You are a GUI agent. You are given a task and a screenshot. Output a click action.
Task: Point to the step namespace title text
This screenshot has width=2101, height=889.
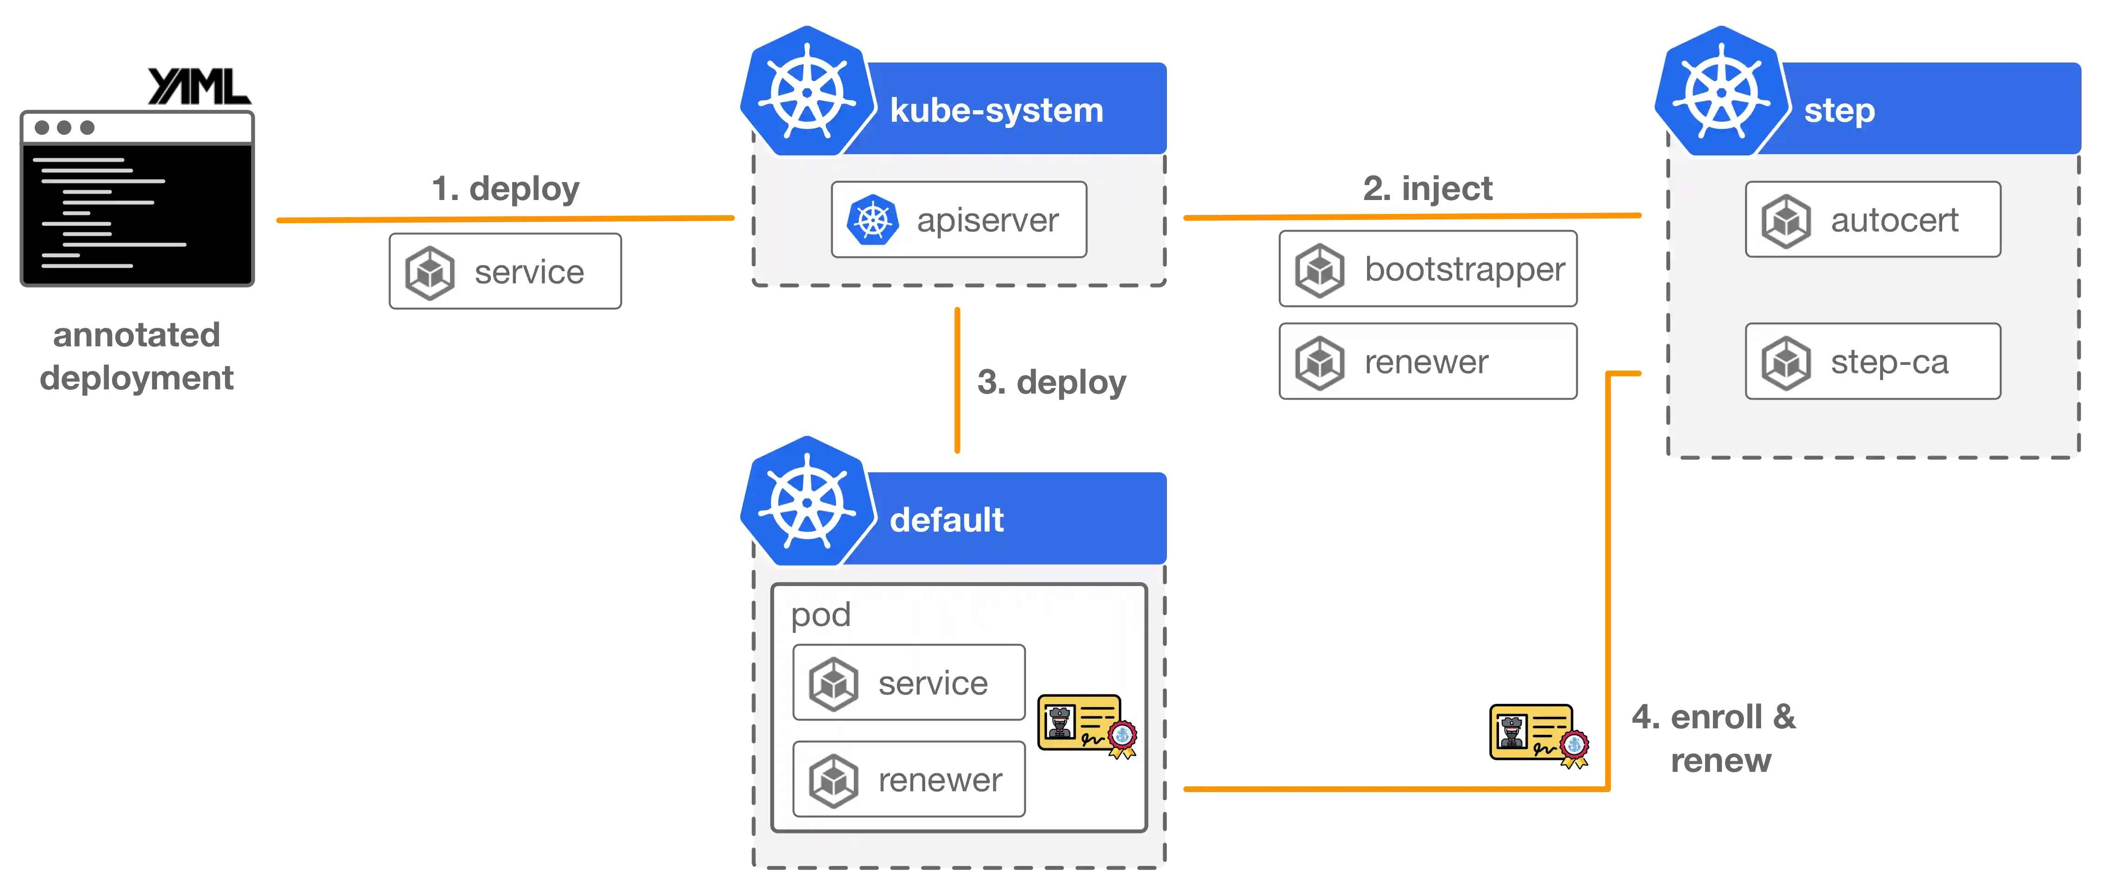(1839, 110)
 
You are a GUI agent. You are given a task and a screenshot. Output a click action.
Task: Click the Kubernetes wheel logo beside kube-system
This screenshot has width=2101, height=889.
(807, 91)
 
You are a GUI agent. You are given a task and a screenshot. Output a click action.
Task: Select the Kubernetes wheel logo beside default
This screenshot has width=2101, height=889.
(807, 501)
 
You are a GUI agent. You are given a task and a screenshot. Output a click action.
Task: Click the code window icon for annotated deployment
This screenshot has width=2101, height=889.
(137, 198)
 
